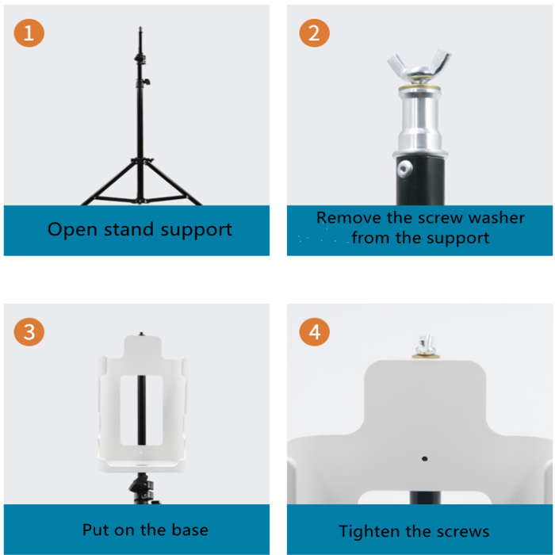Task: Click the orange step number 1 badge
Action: (x=29, y=33)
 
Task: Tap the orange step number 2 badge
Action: (x=314, y=33)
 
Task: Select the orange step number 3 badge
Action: (x=29, y=331)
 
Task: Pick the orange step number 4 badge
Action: (x=314, y=331)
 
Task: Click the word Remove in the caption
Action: (x=346, y=217)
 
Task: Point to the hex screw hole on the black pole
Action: (x=405, y=167)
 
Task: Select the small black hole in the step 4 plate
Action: (x=425, y=458)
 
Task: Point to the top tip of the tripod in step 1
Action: (x=141, y=29)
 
